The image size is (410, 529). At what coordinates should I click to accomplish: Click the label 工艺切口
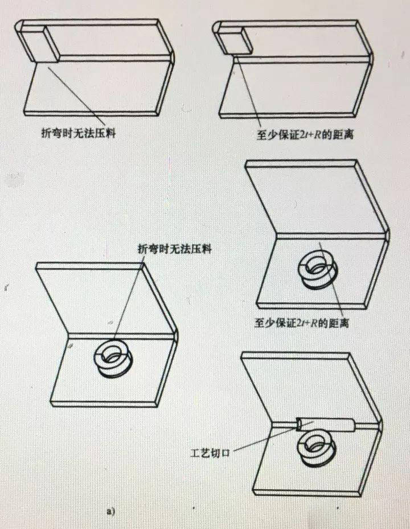(210, 453)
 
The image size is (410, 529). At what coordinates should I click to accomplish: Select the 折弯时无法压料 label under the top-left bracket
(79, 133)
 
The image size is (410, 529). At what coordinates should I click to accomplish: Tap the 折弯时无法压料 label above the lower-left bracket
(175, 249)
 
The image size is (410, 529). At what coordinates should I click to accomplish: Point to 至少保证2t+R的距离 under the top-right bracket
(305, 135)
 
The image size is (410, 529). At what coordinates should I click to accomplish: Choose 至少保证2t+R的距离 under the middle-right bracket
(302, 323)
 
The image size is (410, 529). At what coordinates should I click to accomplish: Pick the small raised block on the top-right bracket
(235, 40)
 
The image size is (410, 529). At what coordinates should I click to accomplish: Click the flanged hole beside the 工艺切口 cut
(317, 449)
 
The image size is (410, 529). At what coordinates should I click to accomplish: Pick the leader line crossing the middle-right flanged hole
(331, 280)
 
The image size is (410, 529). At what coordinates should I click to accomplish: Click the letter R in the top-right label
(318, 135)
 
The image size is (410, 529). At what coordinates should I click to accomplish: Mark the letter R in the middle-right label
(314, 324)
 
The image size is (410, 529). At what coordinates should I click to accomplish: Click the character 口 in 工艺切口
(225, 453)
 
